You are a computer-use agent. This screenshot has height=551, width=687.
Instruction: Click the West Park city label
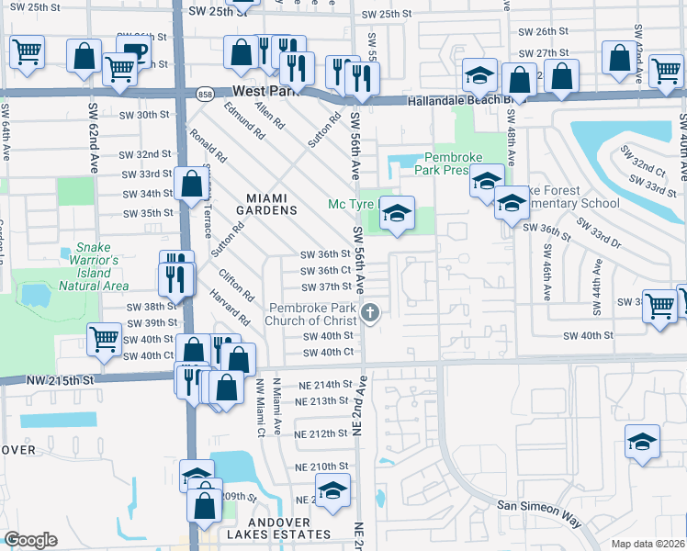pyautogui.click(x=266, y=92)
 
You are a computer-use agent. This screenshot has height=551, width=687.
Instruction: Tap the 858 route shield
pyautogui.click(x=206, y=93)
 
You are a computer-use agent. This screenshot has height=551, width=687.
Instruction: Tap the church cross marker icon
pyautogui.click(x=370, y=314)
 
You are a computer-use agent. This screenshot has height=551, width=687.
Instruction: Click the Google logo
pyautogui.click(x=30, y=540)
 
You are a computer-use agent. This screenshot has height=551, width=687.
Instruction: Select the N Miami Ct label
pyautogui.click(x=261, y=407)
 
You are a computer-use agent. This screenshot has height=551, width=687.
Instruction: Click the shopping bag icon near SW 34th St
pyautogui.click(x=192, y=185)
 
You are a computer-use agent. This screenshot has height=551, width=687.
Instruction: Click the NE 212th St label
pyautogui.click(x=321, y=433)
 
